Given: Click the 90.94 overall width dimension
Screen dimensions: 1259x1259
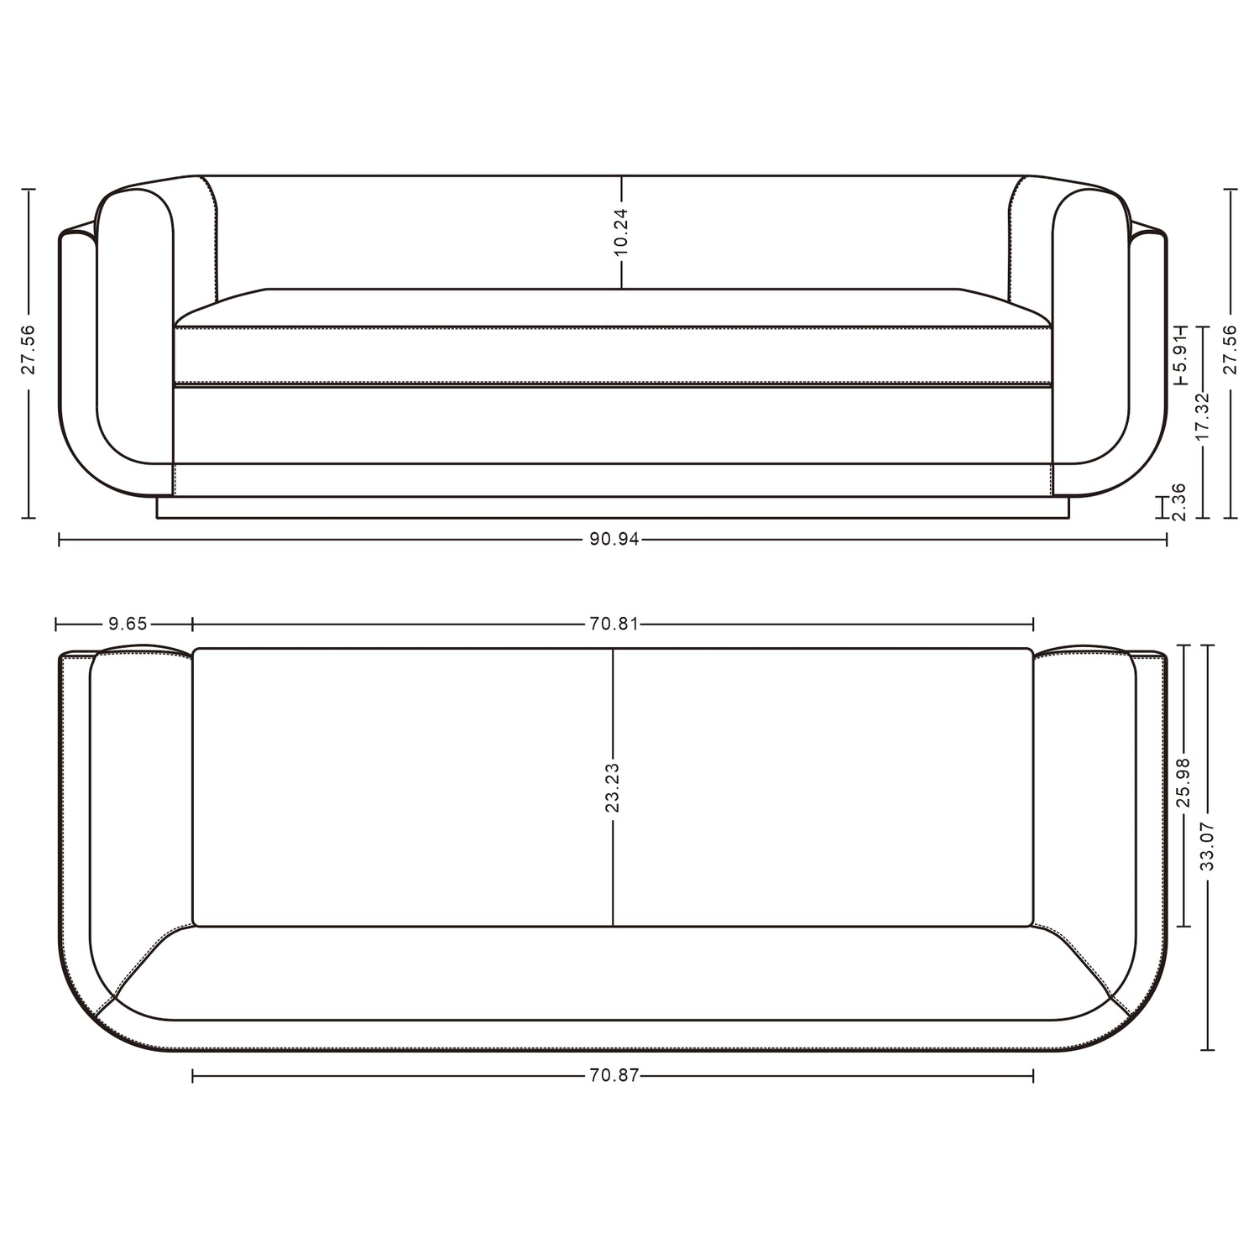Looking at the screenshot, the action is [x=614, y=540].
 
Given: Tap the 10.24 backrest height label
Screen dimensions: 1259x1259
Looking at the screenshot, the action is [x=621, y=232].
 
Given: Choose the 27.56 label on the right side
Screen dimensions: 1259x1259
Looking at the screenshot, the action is [x=1231, y=351].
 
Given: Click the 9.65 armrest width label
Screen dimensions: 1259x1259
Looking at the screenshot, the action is [x=128, y=624].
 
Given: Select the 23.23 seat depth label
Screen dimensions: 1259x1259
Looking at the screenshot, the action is [x=613, y=788].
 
